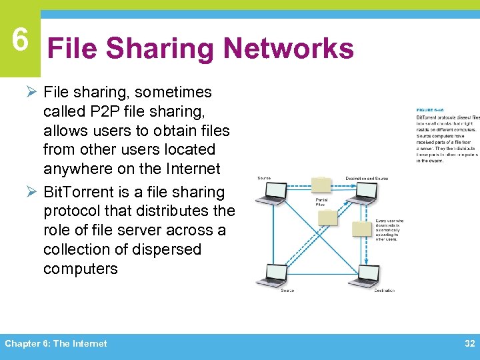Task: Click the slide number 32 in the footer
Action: pos(469,343)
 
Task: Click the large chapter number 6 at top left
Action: pos(20,41)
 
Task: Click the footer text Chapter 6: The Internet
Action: pos(56,343)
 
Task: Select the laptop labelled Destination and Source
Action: pos(365,193)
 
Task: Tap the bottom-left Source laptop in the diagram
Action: pos(275,274)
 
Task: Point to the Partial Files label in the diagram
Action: pos(321,202)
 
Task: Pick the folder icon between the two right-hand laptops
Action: pos(362,228)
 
